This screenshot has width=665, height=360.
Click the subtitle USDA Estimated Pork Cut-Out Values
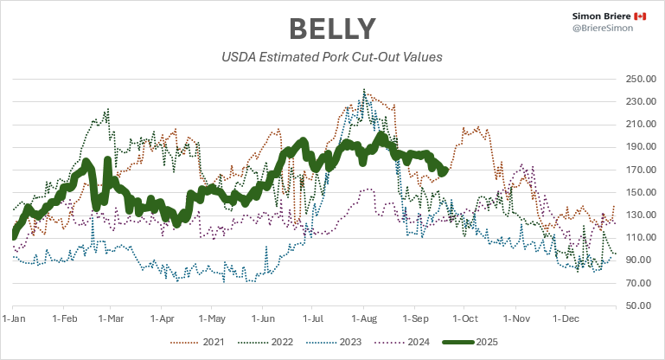(x=332, y=58)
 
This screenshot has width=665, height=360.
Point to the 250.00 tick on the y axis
(x=637, y=79)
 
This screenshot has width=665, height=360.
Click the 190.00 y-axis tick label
(x=637, y=147)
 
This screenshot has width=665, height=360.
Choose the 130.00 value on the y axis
(x=637, y=215)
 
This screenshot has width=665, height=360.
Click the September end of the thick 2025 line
(x=444, y=171)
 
